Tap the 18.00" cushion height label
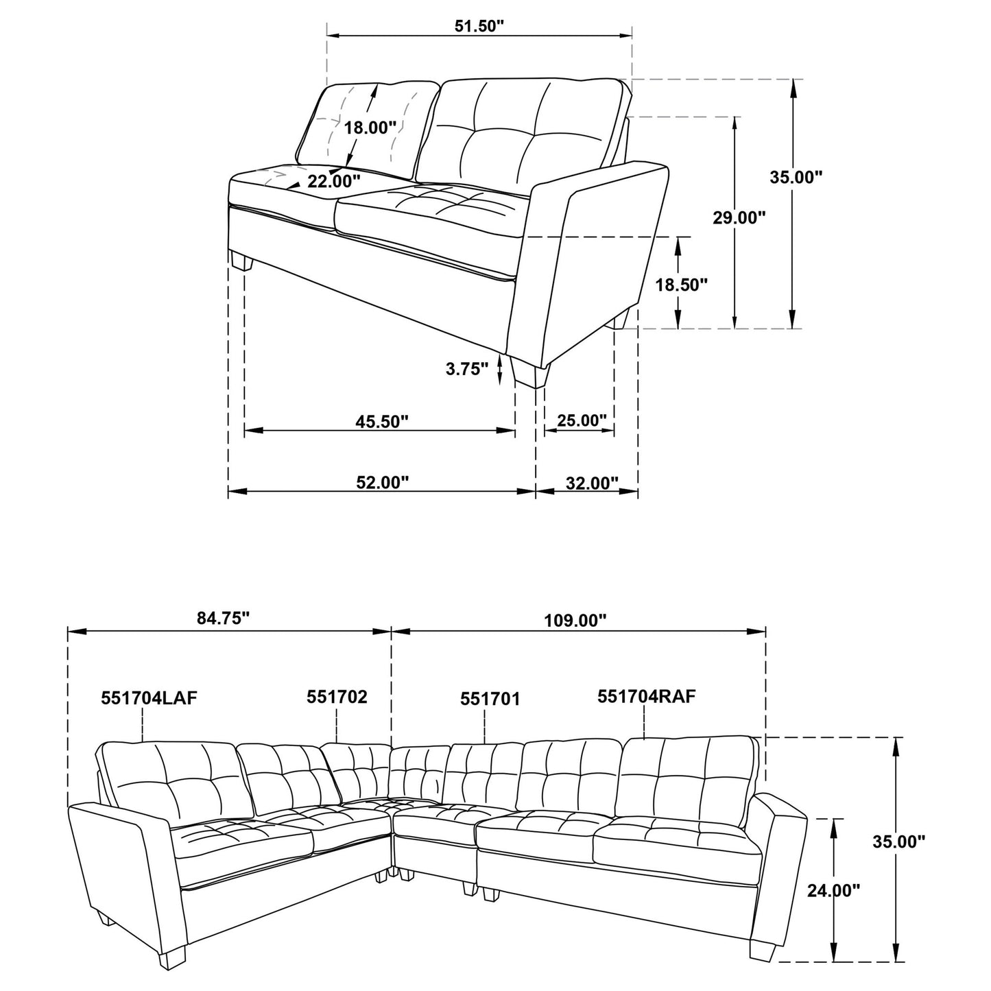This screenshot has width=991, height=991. [x=370, y=128]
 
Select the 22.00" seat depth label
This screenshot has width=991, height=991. [x=333, y=181]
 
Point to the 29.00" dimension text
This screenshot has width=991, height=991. [x=738, y=218]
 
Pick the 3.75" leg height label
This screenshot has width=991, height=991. [x=467, y=369]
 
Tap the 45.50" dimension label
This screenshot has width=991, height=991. [x=381, y=421]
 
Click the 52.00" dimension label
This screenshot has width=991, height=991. [x=382, y=483]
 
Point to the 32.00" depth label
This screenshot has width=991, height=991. [x=593, y=483]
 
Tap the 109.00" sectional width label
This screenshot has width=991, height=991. [x=575, y=621]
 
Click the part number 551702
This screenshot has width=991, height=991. [x=337, y=697]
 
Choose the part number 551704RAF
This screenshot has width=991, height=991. [x=647, y=697]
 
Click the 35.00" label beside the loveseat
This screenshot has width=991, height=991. [x=796, y=177]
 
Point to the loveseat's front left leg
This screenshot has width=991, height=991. [x=241, y=262]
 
